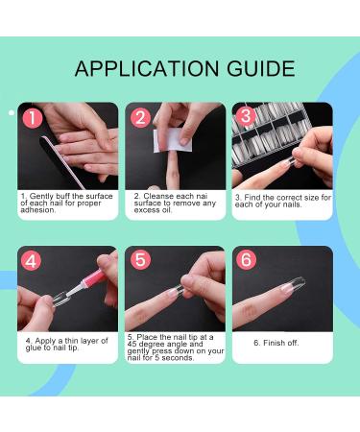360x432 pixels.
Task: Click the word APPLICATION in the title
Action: tap(143, 68)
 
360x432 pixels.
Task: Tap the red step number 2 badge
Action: tap(139, 118)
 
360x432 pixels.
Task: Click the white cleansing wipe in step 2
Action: tap(169, 140)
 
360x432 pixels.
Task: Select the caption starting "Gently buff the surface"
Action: tap(67, 203)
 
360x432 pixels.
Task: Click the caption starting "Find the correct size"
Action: tap(283, 202)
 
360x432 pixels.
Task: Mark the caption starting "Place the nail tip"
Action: tap(175, 348)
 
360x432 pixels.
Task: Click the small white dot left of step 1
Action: tap(11, 113)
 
